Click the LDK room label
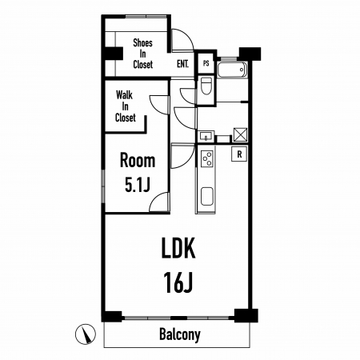[x=178, y=248]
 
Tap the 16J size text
[x=178, y=282]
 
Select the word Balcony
[x=180, y=334]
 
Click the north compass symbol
[x=86, y=334]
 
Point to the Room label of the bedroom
[x=138, y=160]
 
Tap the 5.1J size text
[x=138, y=185]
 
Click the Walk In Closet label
[x=125, y=106]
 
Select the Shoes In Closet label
[x=142, y=54]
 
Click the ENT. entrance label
[x=182, y=64]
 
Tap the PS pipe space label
[x=206, y=64]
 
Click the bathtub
[x=232, y=70]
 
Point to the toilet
[x=206, y=86]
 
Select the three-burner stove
[x=207, y=158]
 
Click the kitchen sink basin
[x=207, y=196]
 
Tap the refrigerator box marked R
[x=239, y=154]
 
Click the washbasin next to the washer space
[x=206, y=137]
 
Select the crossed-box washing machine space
[x=240, y=134]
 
